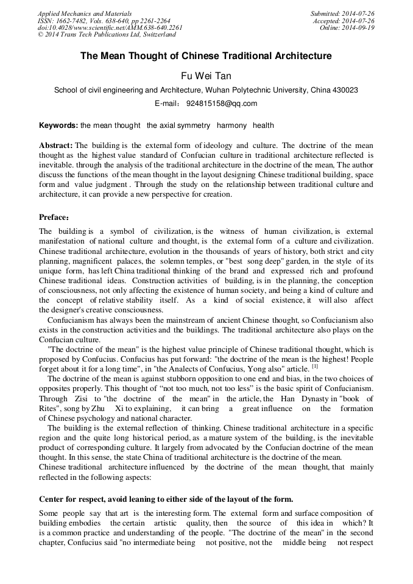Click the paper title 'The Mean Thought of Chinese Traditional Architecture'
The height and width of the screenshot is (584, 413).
pyautogui.click(x=206, y=56)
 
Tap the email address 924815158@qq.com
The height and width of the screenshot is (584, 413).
pyautogui.click(x=222, y=104)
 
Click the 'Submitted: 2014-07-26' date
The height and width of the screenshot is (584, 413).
pyautogui.click(x=343, y=13)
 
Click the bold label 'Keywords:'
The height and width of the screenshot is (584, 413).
pyautogui.click(x=58, y=125)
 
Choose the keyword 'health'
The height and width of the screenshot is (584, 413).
pyautogui.click(x=263, y=125)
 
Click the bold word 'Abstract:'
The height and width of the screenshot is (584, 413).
pyautogui.click(x=56, y=146)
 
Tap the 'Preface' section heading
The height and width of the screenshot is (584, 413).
pyautogui.click(x=55, y=217)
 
